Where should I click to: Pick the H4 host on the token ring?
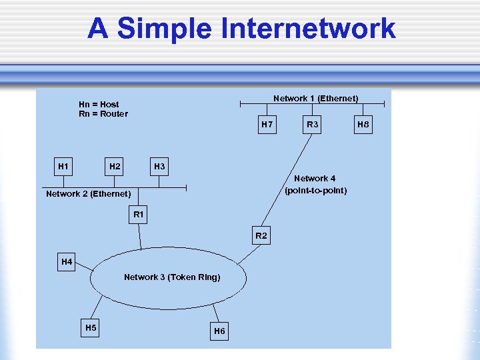[x=67, y=262]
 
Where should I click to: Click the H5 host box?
[x=91, y=327]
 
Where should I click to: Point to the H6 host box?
[x=219, y=331]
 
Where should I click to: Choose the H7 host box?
[x=267, y=125]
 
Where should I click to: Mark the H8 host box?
[x=363, y=125]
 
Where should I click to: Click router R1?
[x=139, y=215]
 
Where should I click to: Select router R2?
[x=261, y=236]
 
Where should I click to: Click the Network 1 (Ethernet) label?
[x=315, y=99]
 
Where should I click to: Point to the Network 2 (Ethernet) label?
[x=88, y=194]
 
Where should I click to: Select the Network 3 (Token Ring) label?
[x=172, y=277]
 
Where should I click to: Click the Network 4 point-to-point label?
[x=315, y=185]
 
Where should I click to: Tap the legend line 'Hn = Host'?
[x=99, y=104]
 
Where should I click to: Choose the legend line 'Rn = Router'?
[x=103, y=113]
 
